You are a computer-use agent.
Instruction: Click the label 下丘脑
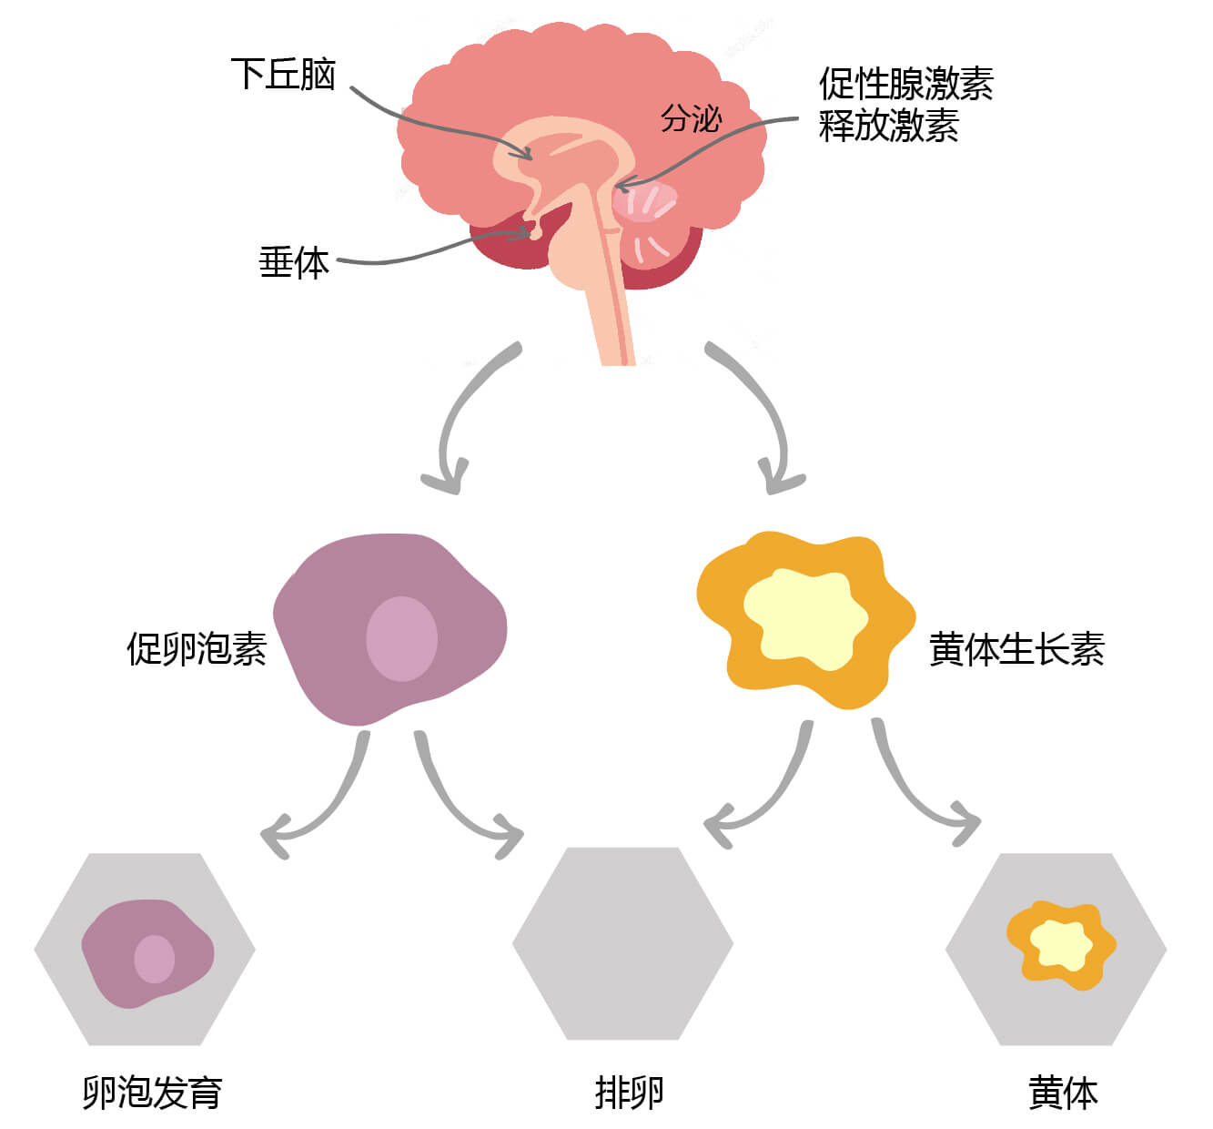(283, 75)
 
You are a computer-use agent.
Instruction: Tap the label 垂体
(293, 263)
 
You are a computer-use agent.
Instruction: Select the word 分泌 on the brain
(691, 118)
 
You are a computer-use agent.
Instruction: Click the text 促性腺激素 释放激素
(905, 105)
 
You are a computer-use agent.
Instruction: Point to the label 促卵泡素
(197, 649)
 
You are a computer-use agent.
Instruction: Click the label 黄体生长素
(1016, 650)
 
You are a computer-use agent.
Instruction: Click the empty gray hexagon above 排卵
(622, 944)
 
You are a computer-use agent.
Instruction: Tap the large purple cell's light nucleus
(401, 638)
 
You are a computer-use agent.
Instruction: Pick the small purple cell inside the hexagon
(146, 953)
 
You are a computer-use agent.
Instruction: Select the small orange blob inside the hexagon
(1060, 944)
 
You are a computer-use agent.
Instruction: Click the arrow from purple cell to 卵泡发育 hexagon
(328, 801)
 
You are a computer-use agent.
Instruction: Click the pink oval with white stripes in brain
(644, 202)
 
